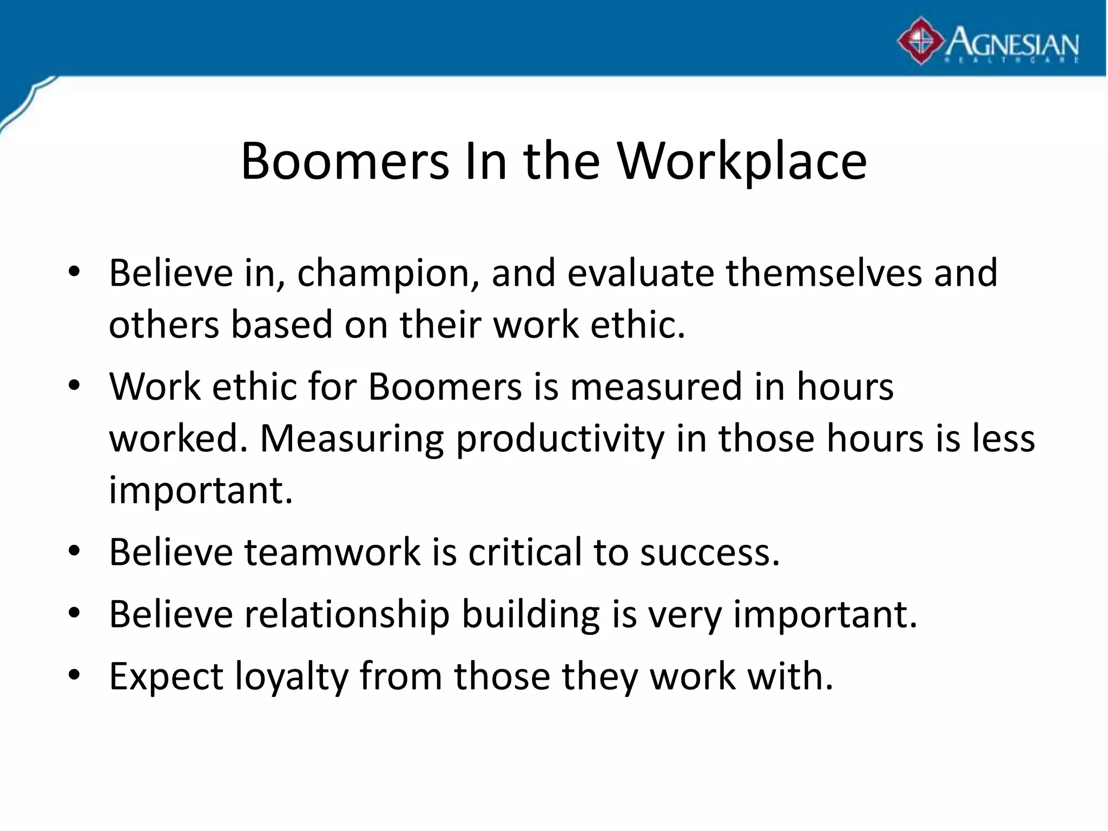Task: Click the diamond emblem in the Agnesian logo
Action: pos(922,41)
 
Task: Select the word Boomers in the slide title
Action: pos(345,161)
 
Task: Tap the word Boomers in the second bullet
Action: pos(445,387)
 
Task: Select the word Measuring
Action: pos(352,439)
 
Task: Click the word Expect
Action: pos(166,677)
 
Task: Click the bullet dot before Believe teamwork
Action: pos(75,552)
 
